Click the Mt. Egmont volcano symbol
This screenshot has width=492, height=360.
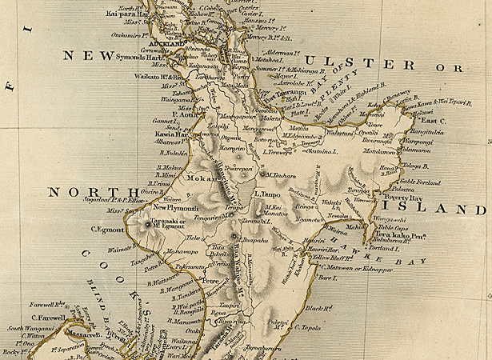(148, 225)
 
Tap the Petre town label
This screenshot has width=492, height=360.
(210, 281)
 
